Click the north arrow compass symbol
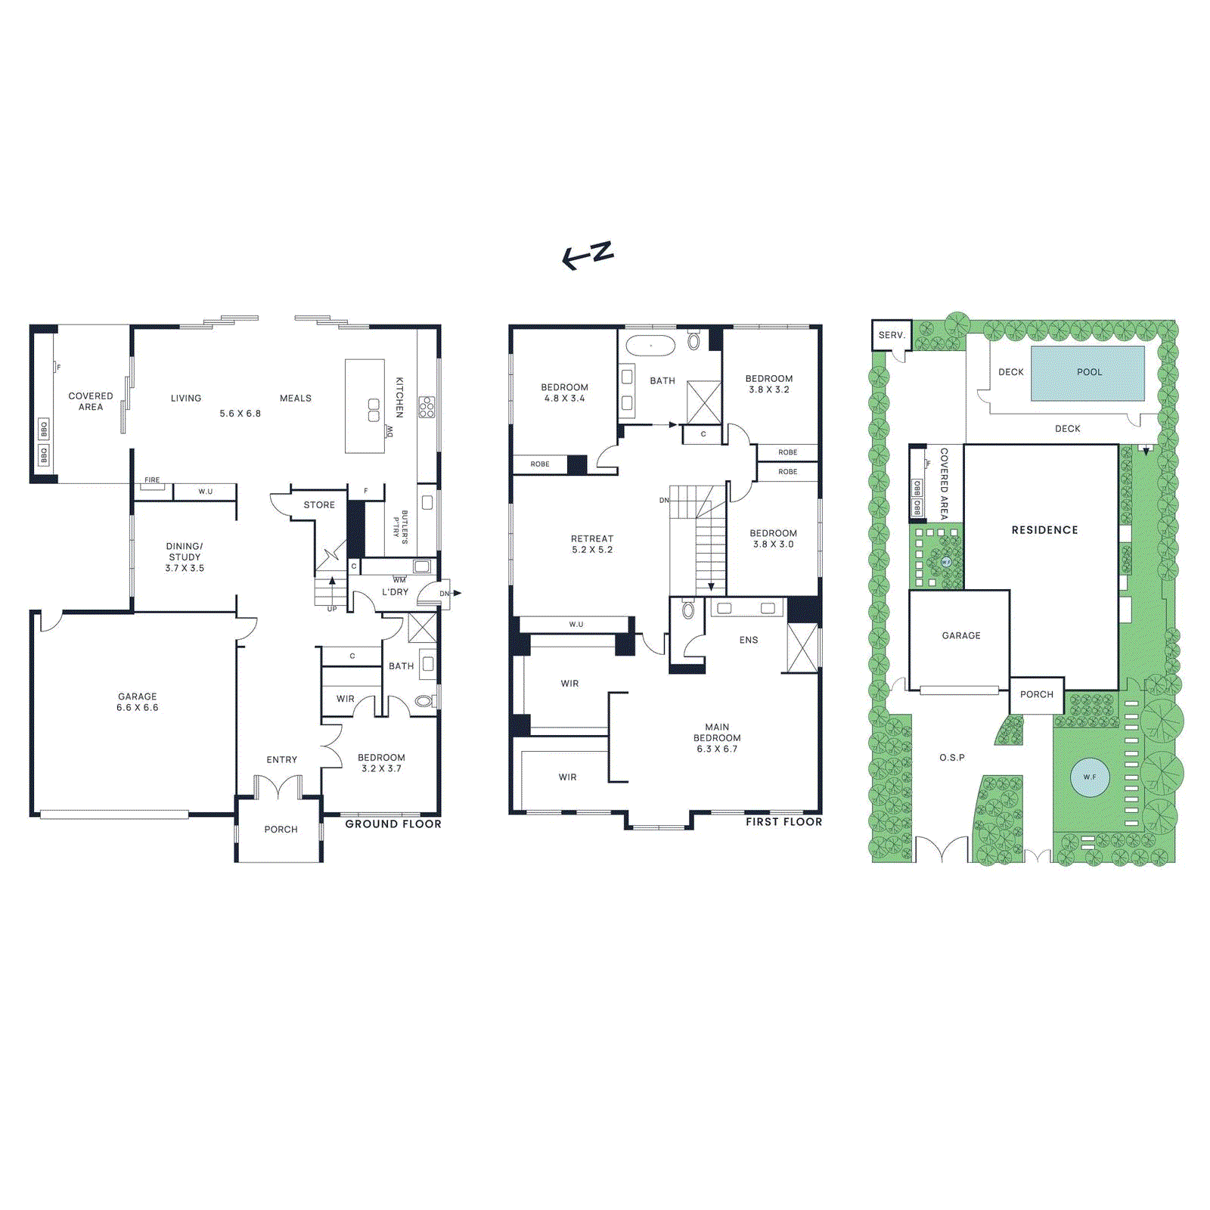point(588,255)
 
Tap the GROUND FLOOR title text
point(393,824)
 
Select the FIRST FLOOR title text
point(783,821)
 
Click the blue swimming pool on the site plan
point(1088,373)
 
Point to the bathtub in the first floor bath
point(650,346)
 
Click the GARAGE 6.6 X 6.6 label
point(138,702)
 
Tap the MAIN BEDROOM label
point(717,737)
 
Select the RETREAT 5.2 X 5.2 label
point(592,544)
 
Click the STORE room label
point(319,504)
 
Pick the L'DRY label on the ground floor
point(395,592)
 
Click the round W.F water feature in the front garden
point(1090,777)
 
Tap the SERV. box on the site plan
point(892,335)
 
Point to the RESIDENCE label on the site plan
point(1044,530)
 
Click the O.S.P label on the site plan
point(952,757)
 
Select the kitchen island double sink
point(374,410)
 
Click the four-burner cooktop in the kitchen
point(427,407)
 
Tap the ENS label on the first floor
point(749,640)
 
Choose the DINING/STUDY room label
point(185,557)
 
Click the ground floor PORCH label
point(281,829)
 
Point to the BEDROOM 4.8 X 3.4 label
point(564,392)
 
